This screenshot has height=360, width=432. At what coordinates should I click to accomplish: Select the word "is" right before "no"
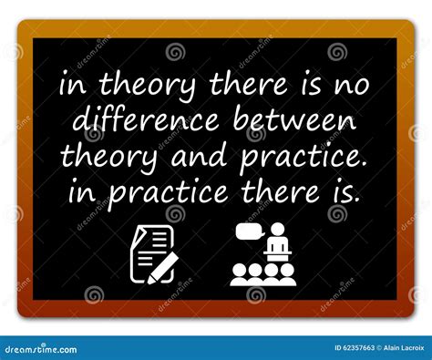click(x=314, y=87)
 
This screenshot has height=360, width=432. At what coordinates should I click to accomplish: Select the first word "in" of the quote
click(x=70, y=87)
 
